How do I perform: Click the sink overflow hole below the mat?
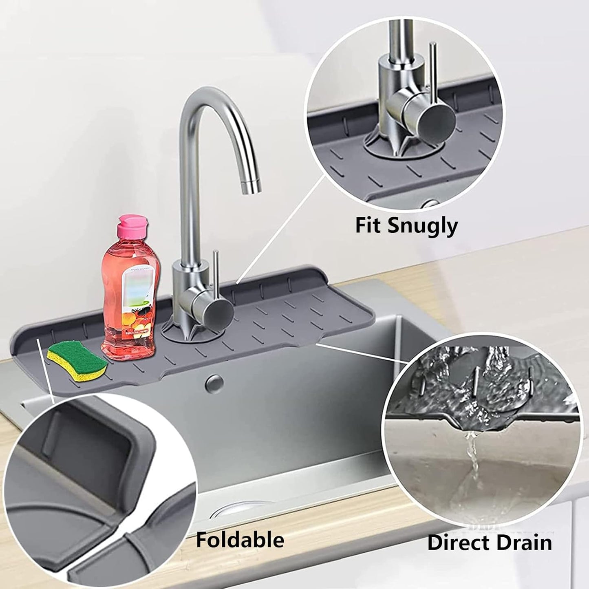pos(215,382)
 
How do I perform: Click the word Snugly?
pos(423,227)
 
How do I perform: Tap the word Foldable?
pos(240,540)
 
